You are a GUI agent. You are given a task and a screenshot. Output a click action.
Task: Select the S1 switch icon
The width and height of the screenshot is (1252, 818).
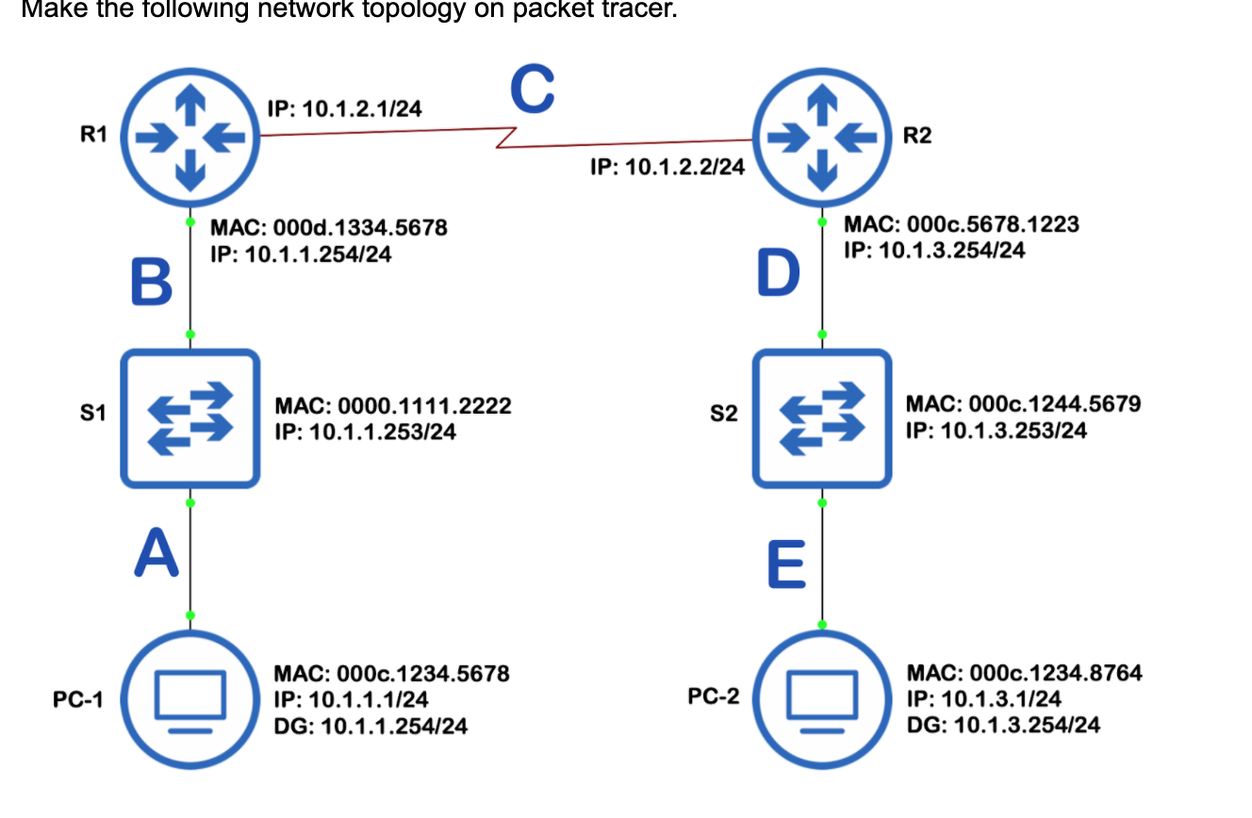point(190,418)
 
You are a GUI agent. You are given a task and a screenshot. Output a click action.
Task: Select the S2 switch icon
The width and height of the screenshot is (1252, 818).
point(822,418)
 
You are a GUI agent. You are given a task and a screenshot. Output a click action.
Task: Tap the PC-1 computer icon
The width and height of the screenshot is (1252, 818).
point(190,699)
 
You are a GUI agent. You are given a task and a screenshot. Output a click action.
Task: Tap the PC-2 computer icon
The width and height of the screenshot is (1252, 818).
point(822,699)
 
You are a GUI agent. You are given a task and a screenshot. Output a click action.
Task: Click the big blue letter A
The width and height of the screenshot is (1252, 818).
point(156,552)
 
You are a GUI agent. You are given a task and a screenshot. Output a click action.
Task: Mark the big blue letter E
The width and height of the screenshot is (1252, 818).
point(786,564)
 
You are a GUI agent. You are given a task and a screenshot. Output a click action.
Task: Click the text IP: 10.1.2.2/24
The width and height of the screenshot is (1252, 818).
point(667,168)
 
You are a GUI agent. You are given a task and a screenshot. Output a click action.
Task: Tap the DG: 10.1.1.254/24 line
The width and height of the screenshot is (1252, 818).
point(370,726)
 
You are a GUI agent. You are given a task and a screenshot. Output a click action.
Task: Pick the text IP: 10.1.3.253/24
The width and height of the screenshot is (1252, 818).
point(996,431)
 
